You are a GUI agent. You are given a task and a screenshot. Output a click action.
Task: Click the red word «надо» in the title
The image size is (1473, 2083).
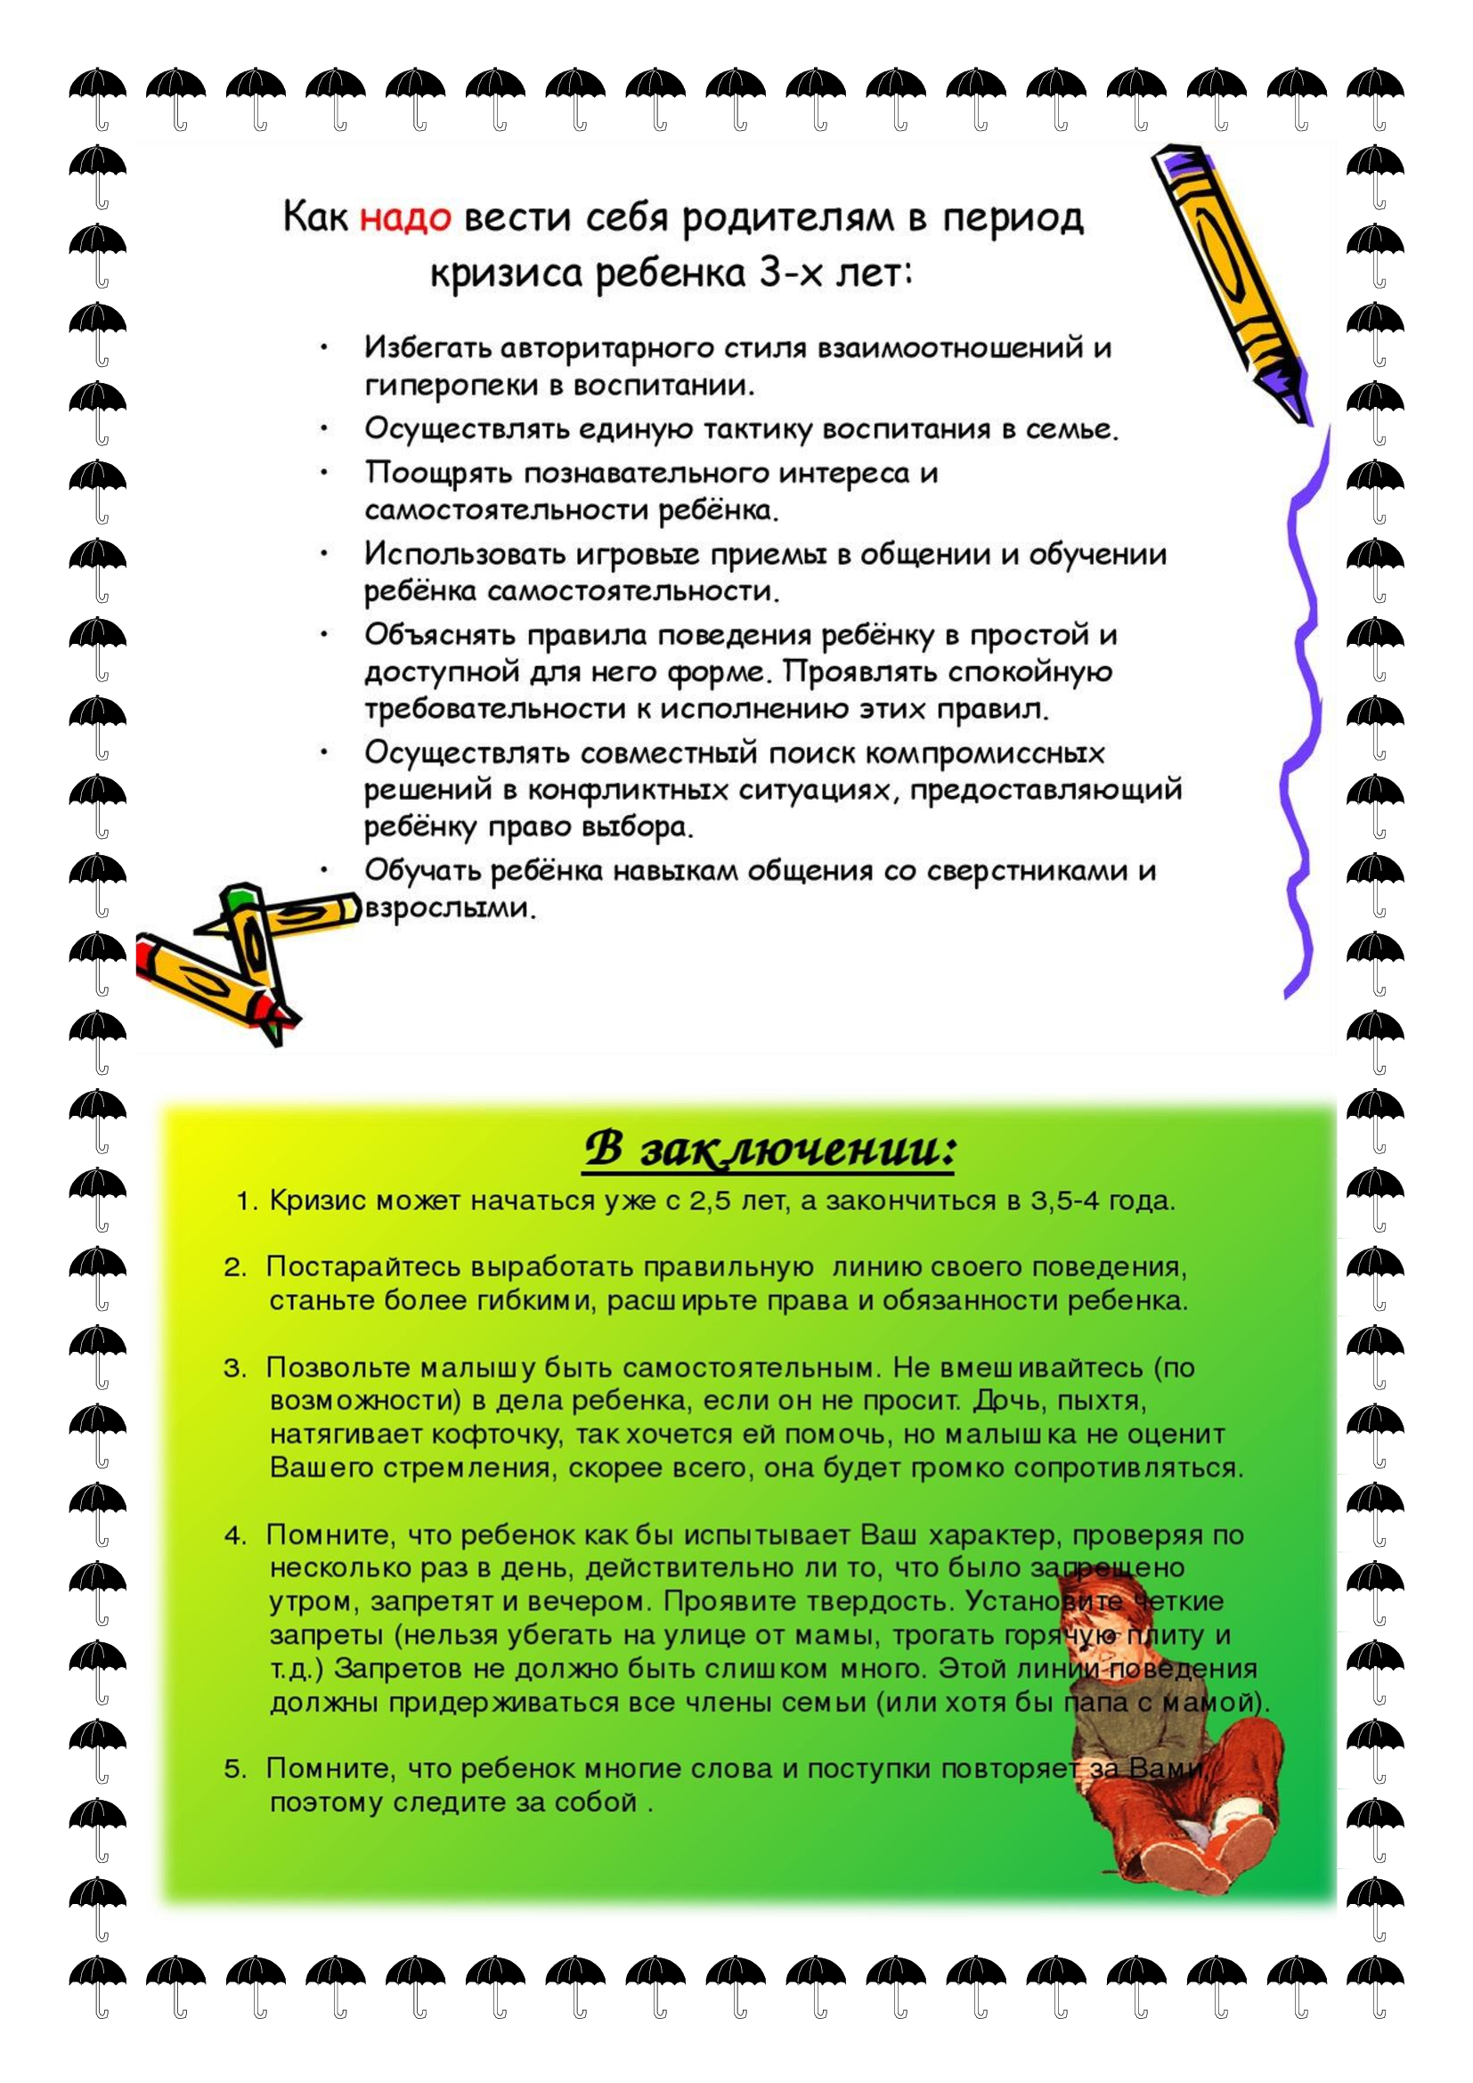(x=405, y=219)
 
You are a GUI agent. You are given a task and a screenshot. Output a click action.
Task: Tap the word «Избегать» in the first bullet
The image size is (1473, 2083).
(x=427, y=347)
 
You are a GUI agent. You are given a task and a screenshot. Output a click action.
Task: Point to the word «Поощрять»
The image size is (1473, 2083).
(x=439, y=473)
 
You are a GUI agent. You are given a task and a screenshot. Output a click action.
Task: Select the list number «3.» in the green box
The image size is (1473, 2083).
(x=235, y=1368)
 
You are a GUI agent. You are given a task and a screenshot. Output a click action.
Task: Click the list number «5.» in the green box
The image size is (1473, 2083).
(x=235, y=1769)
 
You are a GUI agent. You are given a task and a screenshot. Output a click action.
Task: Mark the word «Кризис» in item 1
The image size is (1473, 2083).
(x=317, y=1201)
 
